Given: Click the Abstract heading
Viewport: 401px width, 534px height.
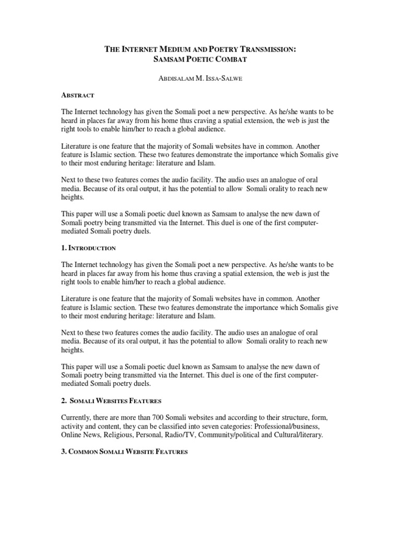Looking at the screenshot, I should coord(77,95).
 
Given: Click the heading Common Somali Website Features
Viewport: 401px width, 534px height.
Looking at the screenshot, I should coord(126,452).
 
